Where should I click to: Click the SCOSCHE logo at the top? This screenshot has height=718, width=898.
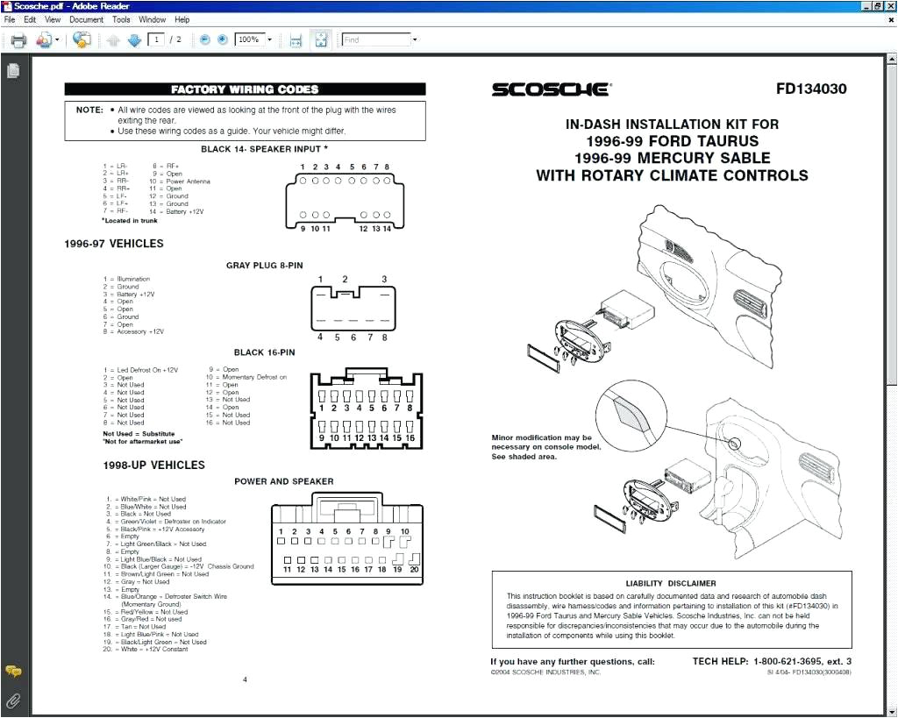click(x=550, y=89)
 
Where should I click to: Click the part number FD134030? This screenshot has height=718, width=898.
click(x=811, y=89)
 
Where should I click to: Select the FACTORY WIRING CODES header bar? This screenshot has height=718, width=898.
click(x=245, y=89)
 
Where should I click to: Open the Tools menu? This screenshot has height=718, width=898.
click(x=121, y=19)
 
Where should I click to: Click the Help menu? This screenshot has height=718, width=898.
click(x=182, y=19)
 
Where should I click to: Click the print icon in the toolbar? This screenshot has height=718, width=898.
click(x=18, y=39)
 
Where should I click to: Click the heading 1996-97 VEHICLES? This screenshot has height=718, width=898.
click(x=113, y=244)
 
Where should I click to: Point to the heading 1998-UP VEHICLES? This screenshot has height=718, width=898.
click(x=153, y=466)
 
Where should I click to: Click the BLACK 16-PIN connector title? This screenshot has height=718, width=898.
click(x=264, y=352)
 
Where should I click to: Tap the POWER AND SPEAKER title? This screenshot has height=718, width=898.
click(x=283, y=481)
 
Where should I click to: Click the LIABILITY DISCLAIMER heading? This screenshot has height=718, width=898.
click(x=670, y=583)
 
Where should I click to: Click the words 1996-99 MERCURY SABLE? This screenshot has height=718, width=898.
click(x=672, y=158)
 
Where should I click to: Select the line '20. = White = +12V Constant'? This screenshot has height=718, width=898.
click(x=145, y=650)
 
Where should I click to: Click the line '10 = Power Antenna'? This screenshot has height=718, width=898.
click(x=179, y=181)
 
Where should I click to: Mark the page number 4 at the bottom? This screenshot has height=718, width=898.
click(x=245, y=679)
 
